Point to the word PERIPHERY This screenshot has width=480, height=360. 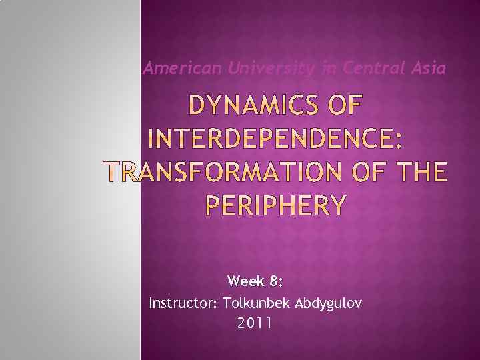click(x=274, y=206)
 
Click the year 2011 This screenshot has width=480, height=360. click(x=254, y=325)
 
